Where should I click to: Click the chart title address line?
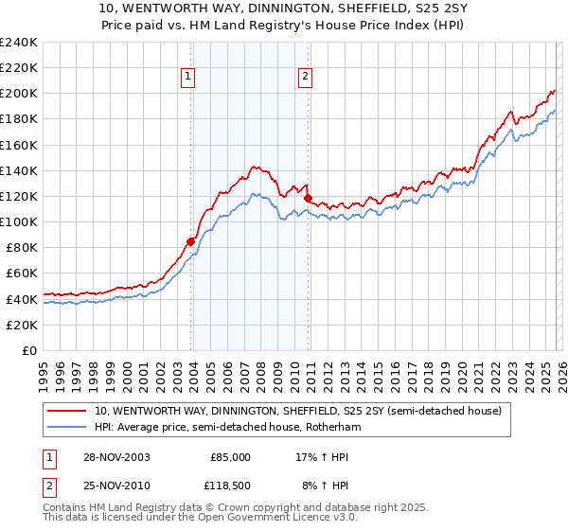click(x=283, y=9)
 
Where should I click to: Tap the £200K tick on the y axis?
click(x=18, y=94)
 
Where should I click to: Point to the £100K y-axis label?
click(x=18, y=221)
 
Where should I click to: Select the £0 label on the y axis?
click(x=28, y=350)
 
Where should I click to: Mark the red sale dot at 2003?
click(x=191, y=241)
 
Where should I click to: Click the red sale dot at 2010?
click(x=308, y=198)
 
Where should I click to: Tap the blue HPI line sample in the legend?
click(x=67, y=428)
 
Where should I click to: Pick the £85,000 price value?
click(x=229, y=456)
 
